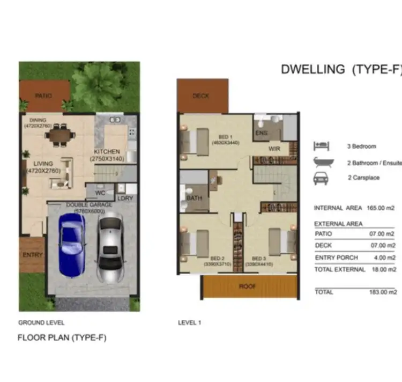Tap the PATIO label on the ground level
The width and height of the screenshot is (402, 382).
click(x=43, y=96)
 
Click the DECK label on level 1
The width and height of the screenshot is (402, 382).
click(x=201, y=96)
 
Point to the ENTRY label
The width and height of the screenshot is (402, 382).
click(x=33, y=255)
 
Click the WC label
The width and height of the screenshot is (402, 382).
click(x=100, y=192)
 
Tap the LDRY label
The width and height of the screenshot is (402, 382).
click(x=126, y=198)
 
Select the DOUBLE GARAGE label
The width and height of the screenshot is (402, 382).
click(x=89, y=205)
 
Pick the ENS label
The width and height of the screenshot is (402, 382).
click(x=262, y=133)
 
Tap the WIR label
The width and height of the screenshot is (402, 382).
click(x=275, y=149)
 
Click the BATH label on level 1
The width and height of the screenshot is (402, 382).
click(x=193, y=198)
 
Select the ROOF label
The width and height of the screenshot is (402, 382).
click(x=247, y=286)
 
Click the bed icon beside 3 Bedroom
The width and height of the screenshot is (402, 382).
click(x=321, y=145)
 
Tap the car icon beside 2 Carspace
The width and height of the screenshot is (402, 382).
click(x=321, y=178)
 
